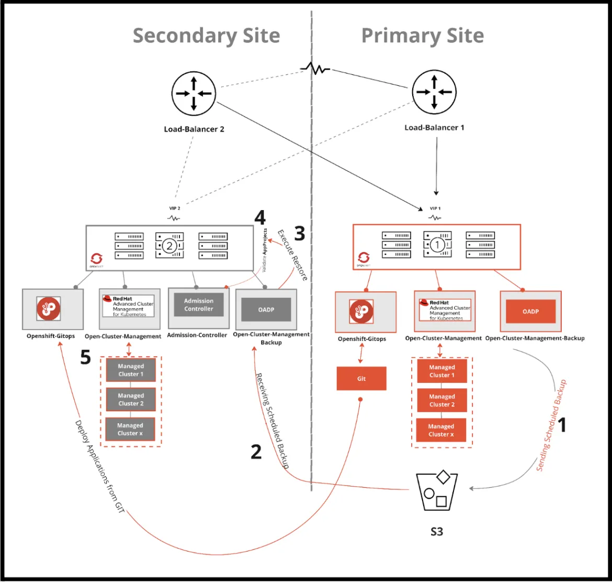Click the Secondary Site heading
[206, 36]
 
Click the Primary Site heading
[422, 36]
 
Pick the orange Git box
[361, 378]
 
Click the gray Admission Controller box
[198, 305]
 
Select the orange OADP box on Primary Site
[530, 311]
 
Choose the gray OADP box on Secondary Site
[266, 310]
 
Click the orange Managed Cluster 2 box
[442, 401]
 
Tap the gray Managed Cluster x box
[130, 429]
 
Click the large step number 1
[563, 425]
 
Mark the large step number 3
[299, 233]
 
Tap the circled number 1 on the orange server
[437, 245]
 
